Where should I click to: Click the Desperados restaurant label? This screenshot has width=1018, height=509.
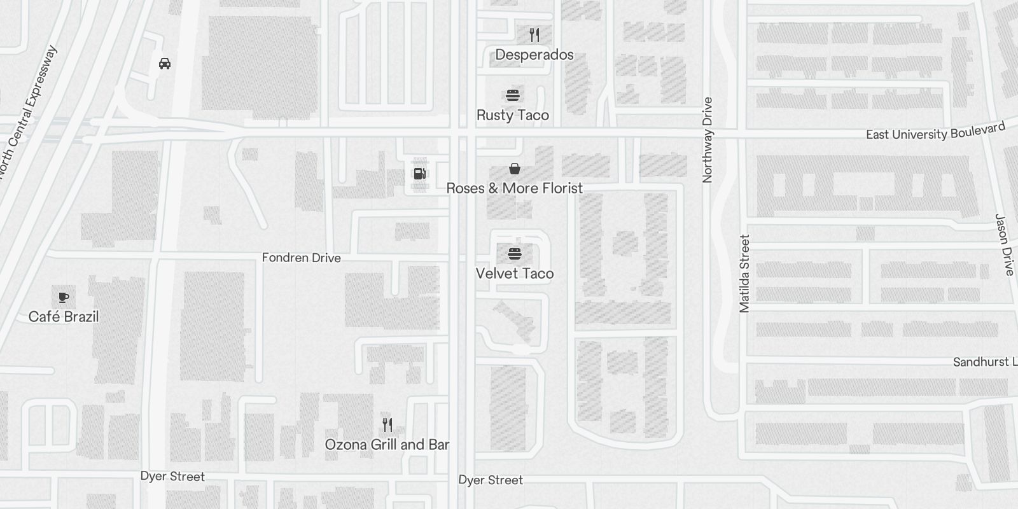(534, 55)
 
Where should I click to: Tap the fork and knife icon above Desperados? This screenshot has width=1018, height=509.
(534, 35)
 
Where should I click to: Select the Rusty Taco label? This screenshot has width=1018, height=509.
(513, 115)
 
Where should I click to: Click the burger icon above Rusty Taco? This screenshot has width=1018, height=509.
(513, 95)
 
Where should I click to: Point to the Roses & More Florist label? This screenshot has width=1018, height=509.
(515, 188)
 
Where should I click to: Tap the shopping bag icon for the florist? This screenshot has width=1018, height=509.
(515, 169)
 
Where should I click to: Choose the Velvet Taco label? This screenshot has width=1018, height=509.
(515, 274)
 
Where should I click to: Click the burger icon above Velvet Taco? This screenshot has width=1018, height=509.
(515, 254)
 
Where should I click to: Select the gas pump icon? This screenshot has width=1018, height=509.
(420, 173)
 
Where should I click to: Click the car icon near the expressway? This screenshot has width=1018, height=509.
(165, 64)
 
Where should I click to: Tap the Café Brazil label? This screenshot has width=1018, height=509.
(64, 317)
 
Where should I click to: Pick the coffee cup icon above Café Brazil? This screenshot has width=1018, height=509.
(64, 297)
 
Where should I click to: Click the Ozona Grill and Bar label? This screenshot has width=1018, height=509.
(387, 445)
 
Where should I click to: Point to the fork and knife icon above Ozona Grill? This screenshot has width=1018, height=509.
(387, 424)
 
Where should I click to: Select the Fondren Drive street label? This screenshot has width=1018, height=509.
(302, 258)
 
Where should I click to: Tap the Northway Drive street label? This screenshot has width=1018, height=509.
(708, 140)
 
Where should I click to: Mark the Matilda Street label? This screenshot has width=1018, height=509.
(745, 274)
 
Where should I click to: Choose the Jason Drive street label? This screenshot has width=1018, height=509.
(1004, 244)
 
